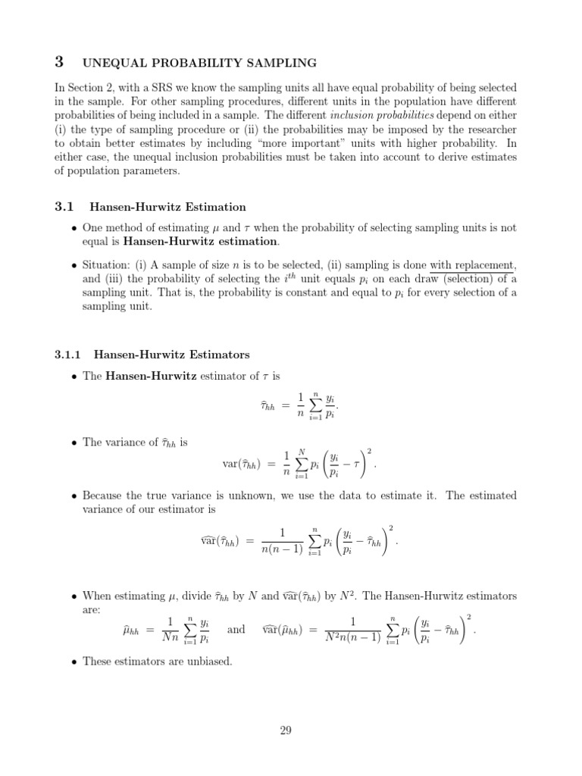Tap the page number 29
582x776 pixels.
tap(286, 731)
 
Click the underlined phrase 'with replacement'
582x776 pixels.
tap(473, 265)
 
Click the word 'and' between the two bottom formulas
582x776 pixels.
tap(236, 629)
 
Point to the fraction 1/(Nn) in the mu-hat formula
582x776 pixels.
tap(171, 629)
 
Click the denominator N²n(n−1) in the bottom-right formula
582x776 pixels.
tap(352, 637)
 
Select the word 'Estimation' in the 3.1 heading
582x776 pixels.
tap(216, 206)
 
